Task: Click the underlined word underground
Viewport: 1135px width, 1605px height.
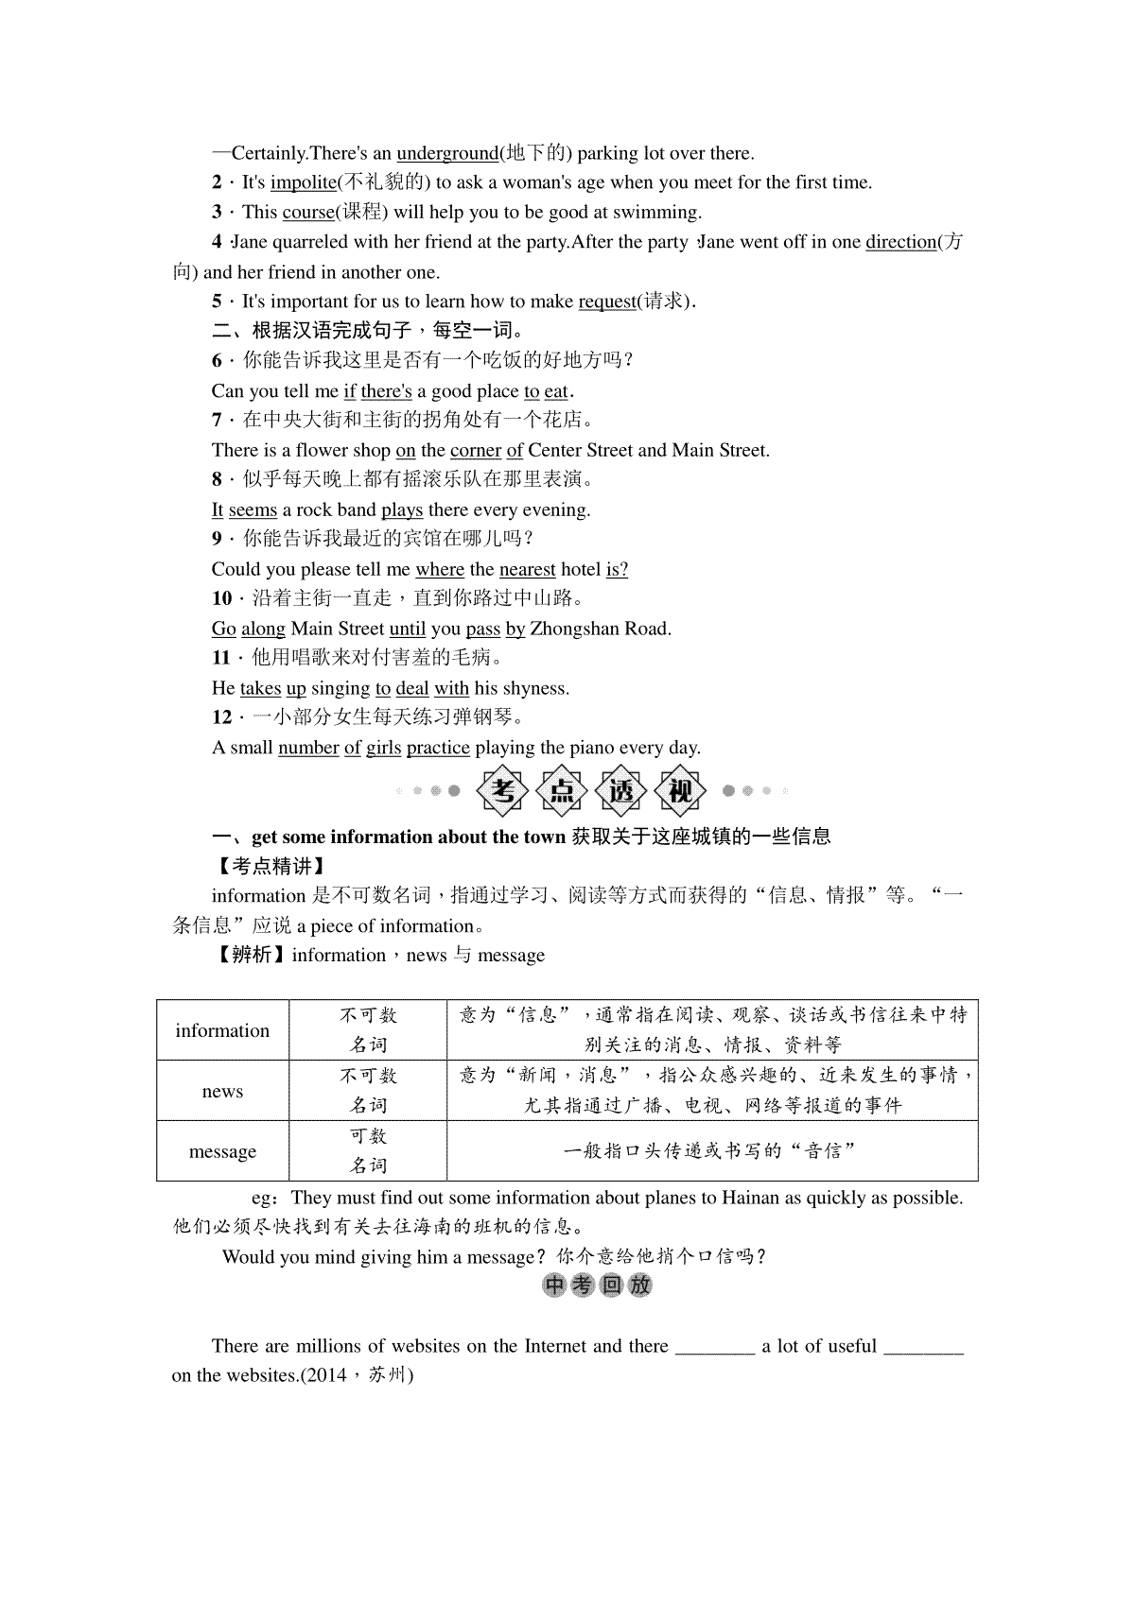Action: [446, 153]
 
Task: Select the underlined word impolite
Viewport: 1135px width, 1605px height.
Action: [303, 182]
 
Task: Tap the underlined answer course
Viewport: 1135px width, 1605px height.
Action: [308, 212]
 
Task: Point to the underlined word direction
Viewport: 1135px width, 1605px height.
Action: [900, 242]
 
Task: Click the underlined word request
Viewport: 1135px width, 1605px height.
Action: [606, 302]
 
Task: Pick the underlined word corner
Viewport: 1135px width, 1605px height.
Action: [475, 450]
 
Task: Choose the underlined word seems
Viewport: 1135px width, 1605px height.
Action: [253, 509]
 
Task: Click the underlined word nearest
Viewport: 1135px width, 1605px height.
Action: [527, 569]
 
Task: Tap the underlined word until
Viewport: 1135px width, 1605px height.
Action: [408, 629]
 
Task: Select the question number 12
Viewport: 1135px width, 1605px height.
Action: [221, 717]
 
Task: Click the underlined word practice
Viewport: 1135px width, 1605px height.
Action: [438, 748]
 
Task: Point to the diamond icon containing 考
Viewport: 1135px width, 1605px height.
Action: [505, 790]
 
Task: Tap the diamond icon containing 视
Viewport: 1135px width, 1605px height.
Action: [680, 790]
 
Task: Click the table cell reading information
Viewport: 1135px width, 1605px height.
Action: [222, 1030]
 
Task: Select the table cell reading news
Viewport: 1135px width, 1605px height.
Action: [222, 1091]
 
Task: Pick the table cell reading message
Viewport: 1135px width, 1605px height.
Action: [222, 1151]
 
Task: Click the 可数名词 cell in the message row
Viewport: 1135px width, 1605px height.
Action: [368, 1151]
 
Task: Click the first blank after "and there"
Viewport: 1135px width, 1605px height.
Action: [714, 1346]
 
